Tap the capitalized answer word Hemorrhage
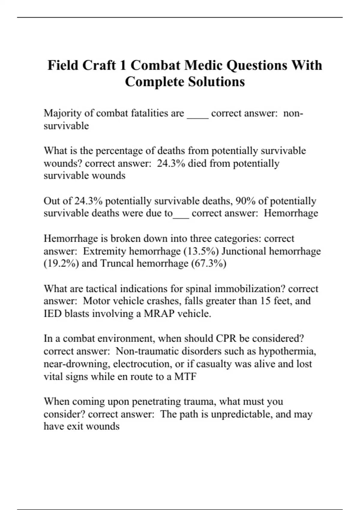tap(291, 213)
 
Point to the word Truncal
tap(117, 264)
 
